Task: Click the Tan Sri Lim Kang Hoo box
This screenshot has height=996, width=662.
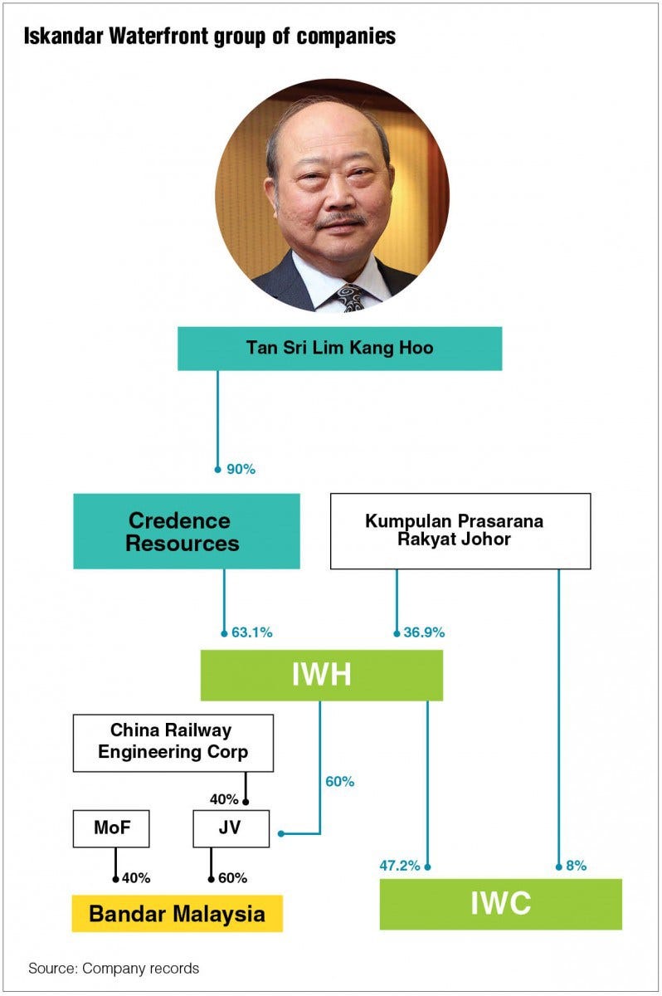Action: [x=339, y=348]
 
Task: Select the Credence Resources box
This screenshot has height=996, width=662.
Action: [x=186, y=531]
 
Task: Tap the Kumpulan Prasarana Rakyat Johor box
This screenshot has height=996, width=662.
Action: [x=460, y=531]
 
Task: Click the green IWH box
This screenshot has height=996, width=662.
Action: [x=321, y=675]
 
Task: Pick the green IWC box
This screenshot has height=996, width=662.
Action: [x=500, y=903]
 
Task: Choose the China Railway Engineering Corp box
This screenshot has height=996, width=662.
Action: [x=173, y=742]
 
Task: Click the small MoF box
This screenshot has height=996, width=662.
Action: [x=110, y=828]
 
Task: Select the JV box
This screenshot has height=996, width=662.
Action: [x=231, y=828]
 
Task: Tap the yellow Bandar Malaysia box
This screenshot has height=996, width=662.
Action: [x=177, y=914]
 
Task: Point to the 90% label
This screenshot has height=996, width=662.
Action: [x=241, y=469]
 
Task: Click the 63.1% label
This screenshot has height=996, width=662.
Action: [x=251, y=632]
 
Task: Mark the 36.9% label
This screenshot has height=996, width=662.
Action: [x=423, y=632]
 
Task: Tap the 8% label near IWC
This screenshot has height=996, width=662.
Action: [x=576, y=866]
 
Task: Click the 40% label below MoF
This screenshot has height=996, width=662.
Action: [x=136, y=877]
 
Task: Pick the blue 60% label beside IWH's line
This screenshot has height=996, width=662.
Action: [x=340, y=781]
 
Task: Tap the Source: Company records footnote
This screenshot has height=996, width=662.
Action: [x=114, y=968]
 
